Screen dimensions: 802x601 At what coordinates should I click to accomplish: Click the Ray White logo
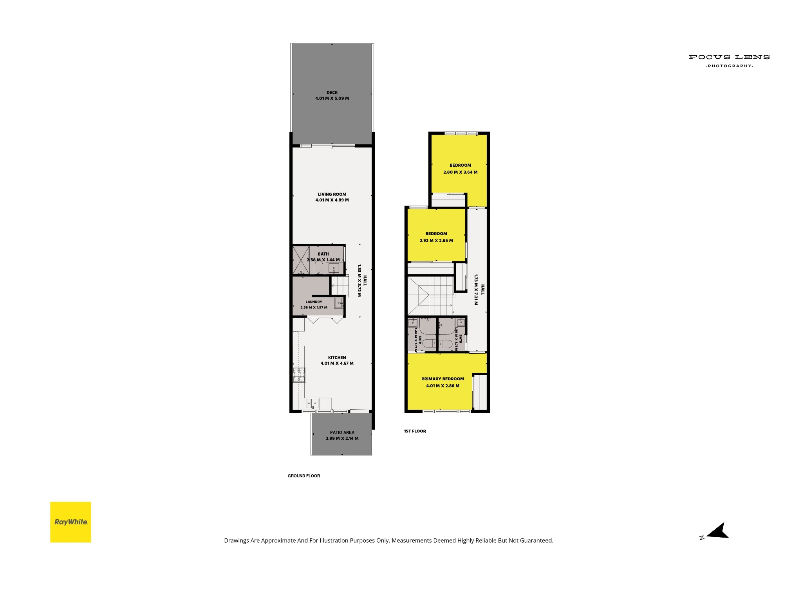pyautogui.click(x=70, y=522)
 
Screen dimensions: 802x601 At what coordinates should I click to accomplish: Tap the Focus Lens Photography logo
pyautogui.click(x=729, y=61)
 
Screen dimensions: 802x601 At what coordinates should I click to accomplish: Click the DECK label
pyautogui.click(x=332, y=93)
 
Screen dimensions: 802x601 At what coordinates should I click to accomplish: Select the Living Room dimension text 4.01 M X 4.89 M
pyautogui.click(x=332, y=200)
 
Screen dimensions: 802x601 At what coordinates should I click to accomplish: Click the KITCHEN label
pyautogui.click(x=337, y=358)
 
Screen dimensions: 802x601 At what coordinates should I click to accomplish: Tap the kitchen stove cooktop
pyautogui.click(x=299, y=375)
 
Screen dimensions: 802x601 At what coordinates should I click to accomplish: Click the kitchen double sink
pyautogui.click(x=313, y=403)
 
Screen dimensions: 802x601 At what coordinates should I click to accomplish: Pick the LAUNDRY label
pyautogui.click(x=314, y=302)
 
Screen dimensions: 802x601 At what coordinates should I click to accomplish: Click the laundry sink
pyautogui.click(x=339, y=302)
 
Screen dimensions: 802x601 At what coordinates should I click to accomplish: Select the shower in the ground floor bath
pyautogui.click(x=301, y=260)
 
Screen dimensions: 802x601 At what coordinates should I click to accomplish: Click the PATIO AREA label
pyautogui.click(x=342, y=432)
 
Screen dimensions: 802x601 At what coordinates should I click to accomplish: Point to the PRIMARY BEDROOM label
pyautogui.click(x=443, y=379)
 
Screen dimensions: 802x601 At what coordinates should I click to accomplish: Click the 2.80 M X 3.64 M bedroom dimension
pyautogui.click(x=461, y=172)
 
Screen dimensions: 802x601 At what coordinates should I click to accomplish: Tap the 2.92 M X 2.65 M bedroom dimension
pyautogui.click(x=436, y=241)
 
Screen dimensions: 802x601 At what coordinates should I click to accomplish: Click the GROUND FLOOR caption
pyautogui.click(x=304, y=476)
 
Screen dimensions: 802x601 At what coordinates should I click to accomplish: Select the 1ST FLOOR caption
pyautogui.click(x=415, y=431)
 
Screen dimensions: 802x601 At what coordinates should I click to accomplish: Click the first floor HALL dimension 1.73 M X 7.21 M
pyautogui.click(x=476, y=289)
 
